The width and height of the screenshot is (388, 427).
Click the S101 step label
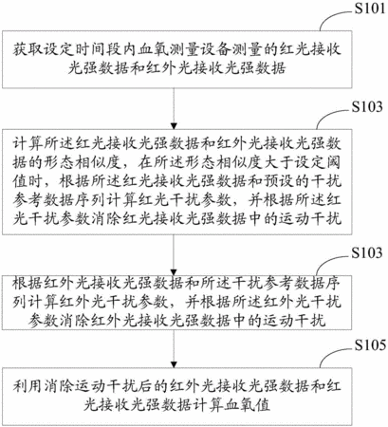[x=369, y=9]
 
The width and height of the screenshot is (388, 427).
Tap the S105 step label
[x=370, y=345]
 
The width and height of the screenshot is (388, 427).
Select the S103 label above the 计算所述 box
[x=367, y=106]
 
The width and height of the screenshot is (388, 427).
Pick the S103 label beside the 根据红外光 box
[x=367, y=252]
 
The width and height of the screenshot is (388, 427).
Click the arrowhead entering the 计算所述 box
[x=174, y=126]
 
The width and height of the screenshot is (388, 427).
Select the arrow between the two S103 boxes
[x=174, y=255]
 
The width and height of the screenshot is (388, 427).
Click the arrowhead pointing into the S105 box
[x=174, y=364]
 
